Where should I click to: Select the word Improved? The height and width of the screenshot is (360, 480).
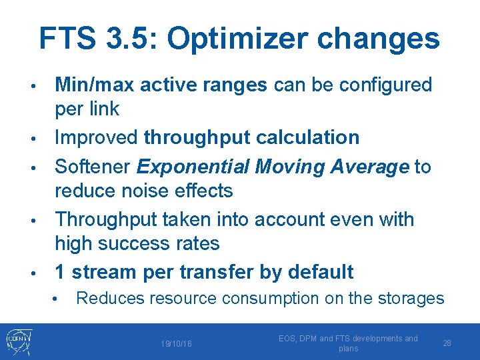[97, 138]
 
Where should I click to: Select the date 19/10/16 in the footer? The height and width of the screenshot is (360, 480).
[176, 344]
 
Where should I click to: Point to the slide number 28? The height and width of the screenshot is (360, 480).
[447, 343]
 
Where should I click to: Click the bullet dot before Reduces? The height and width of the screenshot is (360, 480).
[60, 298]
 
